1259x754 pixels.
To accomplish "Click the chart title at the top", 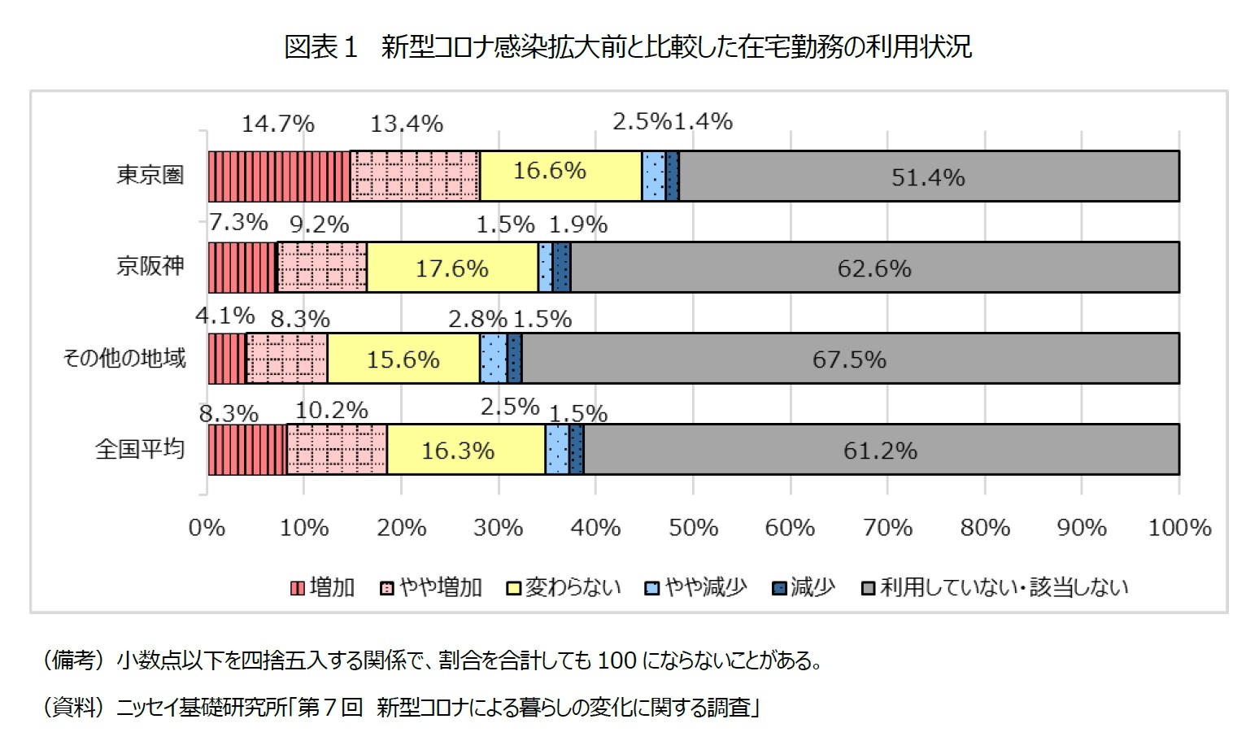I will (628, 47).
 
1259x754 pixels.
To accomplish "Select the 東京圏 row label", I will (150, 175).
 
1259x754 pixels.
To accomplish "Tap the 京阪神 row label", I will (150, 266).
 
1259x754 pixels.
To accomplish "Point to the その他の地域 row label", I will (124, 358).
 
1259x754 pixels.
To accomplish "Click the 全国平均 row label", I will (140, 449).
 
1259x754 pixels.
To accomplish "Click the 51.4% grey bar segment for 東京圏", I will (928, 177).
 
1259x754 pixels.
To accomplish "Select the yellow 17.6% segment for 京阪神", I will (452, 268).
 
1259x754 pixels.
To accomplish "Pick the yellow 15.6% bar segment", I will (403, 359).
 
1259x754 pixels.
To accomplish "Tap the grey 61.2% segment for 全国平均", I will (881, 450).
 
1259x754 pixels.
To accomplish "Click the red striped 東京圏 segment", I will (279, 177).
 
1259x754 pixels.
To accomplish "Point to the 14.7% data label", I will (278, 124).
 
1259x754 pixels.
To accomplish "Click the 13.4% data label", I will (407, 124).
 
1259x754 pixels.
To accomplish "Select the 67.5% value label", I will (849, 359).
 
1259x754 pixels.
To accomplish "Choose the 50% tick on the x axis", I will (693, 528).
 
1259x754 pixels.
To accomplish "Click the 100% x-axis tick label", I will (1178, 528).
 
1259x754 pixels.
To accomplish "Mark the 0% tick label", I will (207, 528).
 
